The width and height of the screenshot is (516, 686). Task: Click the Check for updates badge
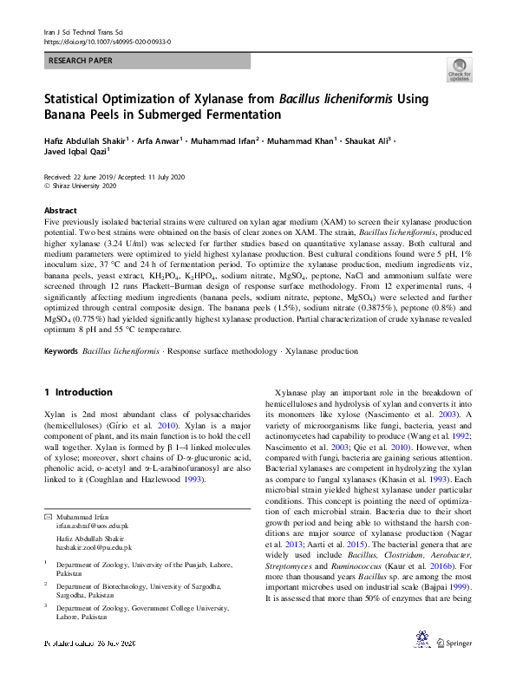(459, 71)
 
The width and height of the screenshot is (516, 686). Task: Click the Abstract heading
(61, 211)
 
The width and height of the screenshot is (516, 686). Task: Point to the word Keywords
(61, 351)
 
